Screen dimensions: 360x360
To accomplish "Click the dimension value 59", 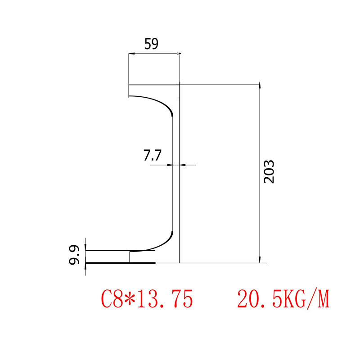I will tap(151, 44).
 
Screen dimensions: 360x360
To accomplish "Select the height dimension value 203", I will tap(269, 171).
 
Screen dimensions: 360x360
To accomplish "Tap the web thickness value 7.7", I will tap(152, 156).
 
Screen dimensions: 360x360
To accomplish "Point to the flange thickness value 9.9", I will tap(75, 255).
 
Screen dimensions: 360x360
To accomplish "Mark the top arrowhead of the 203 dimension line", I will tap(259, 86).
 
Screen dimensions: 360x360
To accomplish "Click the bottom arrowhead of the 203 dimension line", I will tap(259, 260).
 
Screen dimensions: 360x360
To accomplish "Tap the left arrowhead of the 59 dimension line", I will tap(131, 54).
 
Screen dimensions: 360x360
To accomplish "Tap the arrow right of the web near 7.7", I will tap(183, 165).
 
